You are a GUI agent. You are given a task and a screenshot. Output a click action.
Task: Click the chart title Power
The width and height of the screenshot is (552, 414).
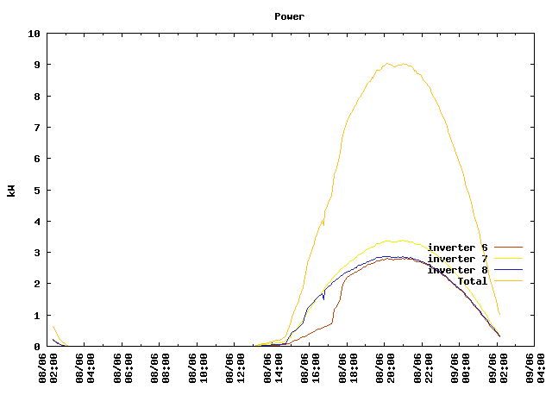click(289, 16)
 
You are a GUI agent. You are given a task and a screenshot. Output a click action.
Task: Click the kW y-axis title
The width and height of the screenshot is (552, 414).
click(11, 190)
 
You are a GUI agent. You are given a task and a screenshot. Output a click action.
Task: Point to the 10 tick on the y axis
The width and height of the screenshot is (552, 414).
click(34, 34)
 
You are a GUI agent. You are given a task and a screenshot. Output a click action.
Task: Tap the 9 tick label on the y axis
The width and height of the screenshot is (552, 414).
click(37, 65)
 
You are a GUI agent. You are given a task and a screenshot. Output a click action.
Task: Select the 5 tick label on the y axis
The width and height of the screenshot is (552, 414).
click(37, 190)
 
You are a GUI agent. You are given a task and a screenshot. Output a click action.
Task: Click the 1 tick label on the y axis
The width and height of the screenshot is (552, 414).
click(37, 316)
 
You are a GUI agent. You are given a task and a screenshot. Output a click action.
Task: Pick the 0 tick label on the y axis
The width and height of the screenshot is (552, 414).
click(37, 347)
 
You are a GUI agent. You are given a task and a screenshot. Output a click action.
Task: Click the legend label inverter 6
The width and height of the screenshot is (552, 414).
click(457, 248)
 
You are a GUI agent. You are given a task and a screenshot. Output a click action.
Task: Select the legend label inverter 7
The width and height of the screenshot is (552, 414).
click(457, 259)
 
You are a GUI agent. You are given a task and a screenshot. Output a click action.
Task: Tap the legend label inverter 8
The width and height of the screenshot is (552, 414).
click(457, 270)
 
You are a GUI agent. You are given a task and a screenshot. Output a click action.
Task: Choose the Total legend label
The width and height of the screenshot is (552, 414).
click(472, 281)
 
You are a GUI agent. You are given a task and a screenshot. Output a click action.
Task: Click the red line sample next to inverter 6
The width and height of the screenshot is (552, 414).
click(508, 248)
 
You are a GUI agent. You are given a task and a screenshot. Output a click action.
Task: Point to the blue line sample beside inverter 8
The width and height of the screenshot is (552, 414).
click(508, 270)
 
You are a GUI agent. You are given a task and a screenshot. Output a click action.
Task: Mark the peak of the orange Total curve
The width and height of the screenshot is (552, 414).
click(388, 64)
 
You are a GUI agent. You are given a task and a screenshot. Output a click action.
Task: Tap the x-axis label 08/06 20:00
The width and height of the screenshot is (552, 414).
click(388, 376)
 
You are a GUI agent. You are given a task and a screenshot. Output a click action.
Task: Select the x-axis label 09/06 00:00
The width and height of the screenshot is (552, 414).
click(463, 376)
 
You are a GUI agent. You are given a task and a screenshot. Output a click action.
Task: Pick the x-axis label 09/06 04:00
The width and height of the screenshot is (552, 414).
click(538, 376)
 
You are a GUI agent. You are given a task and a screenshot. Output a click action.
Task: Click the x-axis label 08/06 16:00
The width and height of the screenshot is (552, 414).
click(313, 376)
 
